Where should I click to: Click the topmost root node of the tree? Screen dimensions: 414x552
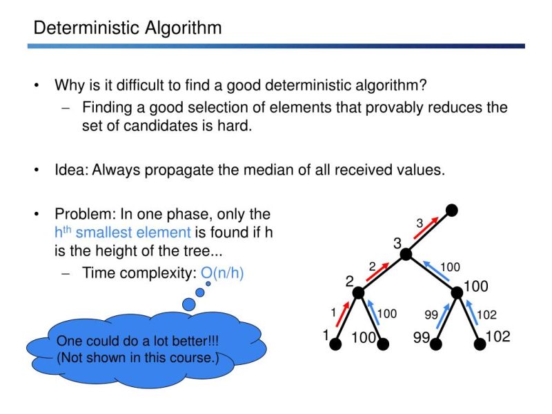[452, 209]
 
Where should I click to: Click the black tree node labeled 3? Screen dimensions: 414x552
[406, 255]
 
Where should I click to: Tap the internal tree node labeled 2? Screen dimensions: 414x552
[358, 293]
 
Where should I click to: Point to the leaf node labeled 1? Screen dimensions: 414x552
[337, 344]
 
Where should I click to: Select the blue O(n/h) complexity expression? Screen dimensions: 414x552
[223, 273]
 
